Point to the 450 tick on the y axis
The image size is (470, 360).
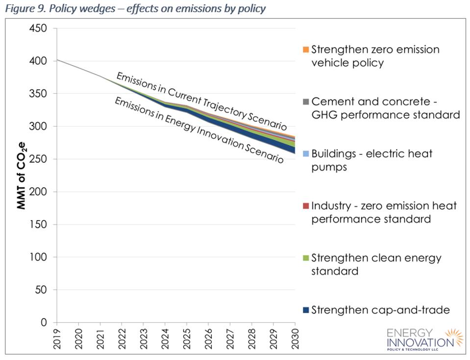point(38,28)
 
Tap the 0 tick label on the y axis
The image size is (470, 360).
point(44,323)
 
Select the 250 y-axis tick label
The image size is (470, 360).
point(38,159)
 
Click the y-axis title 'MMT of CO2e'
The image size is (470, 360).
point(22,175)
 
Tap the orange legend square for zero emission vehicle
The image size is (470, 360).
point(306,50)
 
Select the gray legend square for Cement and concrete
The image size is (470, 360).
point(306,102)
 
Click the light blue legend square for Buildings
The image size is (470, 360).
point(306,154)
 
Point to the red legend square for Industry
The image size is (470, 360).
point(306,206)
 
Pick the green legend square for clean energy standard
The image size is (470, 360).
point(306,258)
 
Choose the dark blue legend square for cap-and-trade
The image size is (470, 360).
point(306,310)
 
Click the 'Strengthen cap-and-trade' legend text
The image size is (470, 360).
point(380,310)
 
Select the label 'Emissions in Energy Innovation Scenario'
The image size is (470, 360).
point(199,130)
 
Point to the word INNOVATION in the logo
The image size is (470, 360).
point(421,342)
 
